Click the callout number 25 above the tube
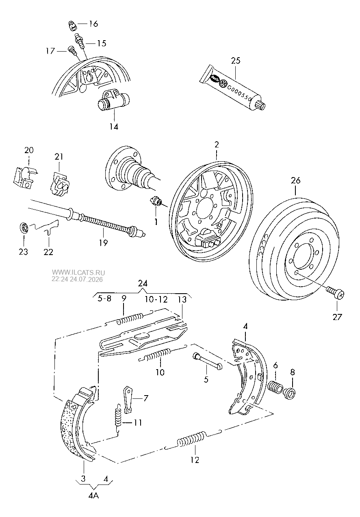pos(236,61)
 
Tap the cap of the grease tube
pos(260,105)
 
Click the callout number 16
pos(93,24)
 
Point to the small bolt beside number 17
pos(72,50)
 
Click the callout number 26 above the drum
pos(295,180)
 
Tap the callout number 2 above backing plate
pos(217,145)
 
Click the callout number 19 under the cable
pos(103,242)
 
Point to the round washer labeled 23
pos(24,228)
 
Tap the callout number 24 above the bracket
pos(143,283)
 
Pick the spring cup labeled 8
pos(290,393)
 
